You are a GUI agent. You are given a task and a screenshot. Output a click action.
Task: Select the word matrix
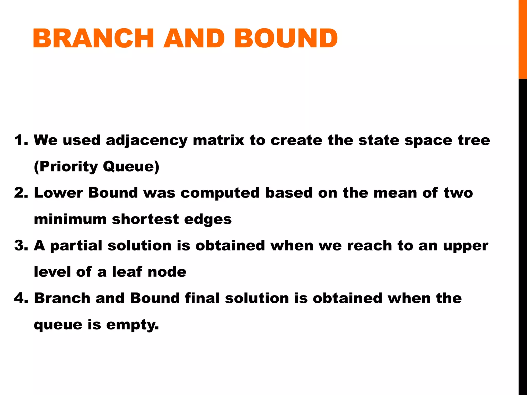[218, 140]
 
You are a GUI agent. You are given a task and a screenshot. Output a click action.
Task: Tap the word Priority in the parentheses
[69, 167]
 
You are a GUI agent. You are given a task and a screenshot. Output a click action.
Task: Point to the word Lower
[58, 193]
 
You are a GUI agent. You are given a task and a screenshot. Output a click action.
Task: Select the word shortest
[145, 219]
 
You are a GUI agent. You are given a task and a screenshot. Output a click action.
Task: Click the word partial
[76, 246]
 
